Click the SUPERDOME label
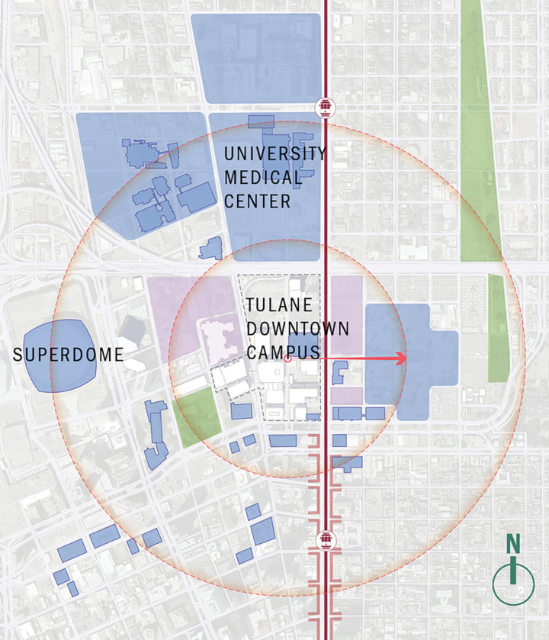[69, 355]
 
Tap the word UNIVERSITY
[274, 153]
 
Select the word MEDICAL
[263, 178]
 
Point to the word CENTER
[257, 202]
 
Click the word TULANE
[279, 305]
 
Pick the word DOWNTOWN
[297, 329]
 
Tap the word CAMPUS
[281, 352]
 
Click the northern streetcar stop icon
[326, 108]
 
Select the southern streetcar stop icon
[326, 540]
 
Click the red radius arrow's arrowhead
[400, 358]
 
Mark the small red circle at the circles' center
[287, 358]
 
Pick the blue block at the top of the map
[255, 58]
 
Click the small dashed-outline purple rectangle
[346, 396]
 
